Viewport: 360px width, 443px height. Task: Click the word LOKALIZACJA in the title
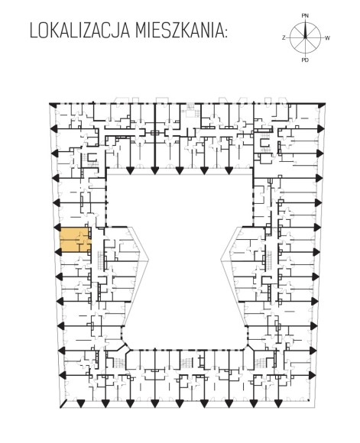79,31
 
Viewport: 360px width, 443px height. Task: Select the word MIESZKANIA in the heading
180,31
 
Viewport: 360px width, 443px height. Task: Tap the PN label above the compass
305,16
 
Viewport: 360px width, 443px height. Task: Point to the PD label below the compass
305,60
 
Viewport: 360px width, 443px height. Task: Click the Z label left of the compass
284,38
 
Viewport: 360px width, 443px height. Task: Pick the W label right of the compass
327,38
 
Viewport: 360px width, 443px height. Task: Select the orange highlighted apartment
76,240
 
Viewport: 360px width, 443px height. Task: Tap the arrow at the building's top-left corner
53,105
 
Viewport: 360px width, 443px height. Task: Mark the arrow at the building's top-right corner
321,105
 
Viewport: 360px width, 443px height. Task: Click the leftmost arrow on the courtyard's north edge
131,170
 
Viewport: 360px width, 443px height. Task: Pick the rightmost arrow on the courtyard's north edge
229,170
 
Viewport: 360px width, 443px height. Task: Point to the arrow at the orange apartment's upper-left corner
57,227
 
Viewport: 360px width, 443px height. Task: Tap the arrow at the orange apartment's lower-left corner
58,252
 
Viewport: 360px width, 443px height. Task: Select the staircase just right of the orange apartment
101,260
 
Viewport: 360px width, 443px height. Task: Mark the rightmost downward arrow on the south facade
278,404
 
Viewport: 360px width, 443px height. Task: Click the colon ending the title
225,33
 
